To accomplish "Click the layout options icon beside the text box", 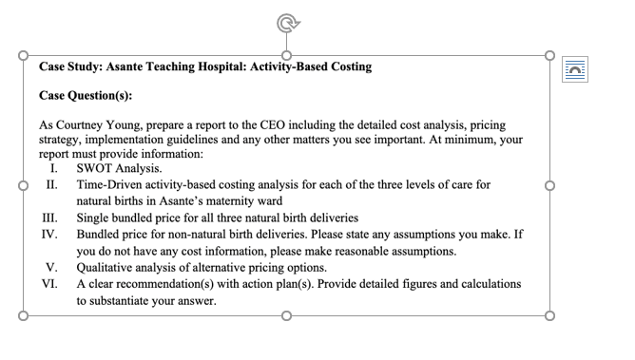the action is coord(576,66).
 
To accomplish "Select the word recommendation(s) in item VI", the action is coord(177,284).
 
